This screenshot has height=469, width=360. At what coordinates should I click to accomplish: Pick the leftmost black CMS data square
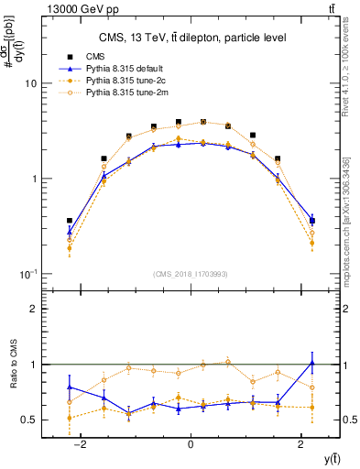70,221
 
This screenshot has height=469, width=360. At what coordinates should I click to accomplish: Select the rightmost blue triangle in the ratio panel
312,363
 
